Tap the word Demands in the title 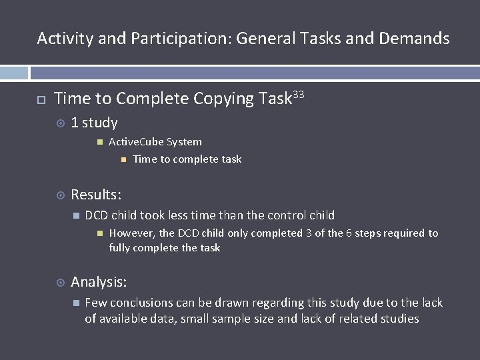point(414,39)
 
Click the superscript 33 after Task point(298,95)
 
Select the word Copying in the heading point(225,99)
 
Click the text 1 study point(94,123)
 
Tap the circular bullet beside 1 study point(60,123)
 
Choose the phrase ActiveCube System point(155,142)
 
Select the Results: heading point(96,195)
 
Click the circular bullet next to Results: point(60,195)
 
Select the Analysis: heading point(99,282)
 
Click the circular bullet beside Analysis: point(60,283)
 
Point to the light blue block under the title point(14,73)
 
